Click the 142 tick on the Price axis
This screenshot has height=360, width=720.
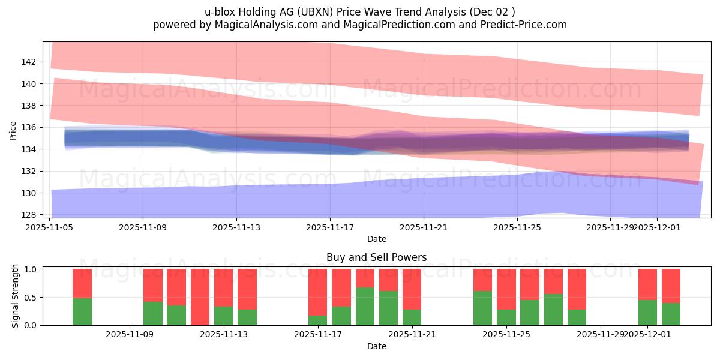click(x=29, y=62)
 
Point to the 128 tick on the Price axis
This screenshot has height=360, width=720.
click(x=29, y=215)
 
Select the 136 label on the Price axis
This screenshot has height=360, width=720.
click(x=29, y=127)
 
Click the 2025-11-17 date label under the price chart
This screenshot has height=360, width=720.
click(x=330, y=227)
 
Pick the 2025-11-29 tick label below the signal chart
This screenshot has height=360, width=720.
click(x=601, y=334)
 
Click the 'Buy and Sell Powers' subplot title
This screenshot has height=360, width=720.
click(x=376, y=257)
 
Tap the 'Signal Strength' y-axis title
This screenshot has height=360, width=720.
click(x=16, y=296)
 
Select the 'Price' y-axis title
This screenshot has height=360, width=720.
click(x=13, y=130)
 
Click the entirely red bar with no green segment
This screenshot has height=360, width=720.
click(x=200, y=297)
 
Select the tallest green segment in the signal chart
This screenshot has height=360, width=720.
click(x=365, y=306)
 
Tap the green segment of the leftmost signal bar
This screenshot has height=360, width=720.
click(x=82, y=311)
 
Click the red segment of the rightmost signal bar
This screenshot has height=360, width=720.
click(x=671, y=286)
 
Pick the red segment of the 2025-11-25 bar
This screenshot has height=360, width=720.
click(x=506, y=289)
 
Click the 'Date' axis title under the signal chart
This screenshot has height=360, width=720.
click(x=376, y=346)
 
